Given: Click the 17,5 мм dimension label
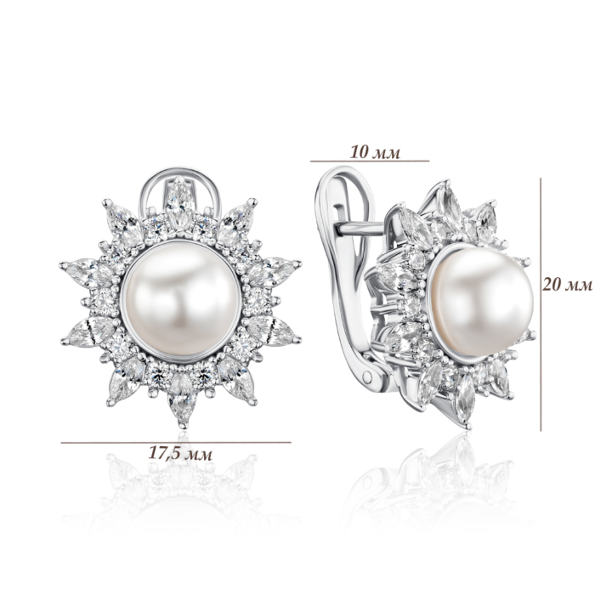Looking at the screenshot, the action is pyautogui.click(x=180, y=453).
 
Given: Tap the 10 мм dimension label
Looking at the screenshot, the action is pyautogui.click(x=375, y=152).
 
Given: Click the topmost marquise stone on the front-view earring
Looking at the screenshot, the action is pyautogui.click(x=180, y=203).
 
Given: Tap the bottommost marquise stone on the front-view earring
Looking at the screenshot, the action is pyautogui.click(x=182, y=399).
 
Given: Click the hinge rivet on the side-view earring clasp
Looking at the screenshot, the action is pyautogui.click(x=368, y=376).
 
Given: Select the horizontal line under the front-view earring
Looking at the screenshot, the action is pyautogui.click(x=176, y=442).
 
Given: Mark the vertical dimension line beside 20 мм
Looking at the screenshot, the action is pyautogui.click(x=541, y=304).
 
